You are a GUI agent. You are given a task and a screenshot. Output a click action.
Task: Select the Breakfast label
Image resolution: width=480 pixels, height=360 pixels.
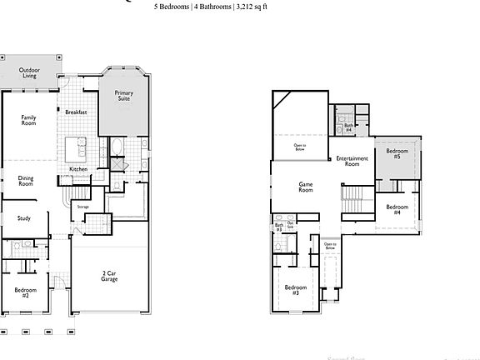77,112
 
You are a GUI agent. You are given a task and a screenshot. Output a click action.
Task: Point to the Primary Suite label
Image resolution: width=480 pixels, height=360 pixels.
123,97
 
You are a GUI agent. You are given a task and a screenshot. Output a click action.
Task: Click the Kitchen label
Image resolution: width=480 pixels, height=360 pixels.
78,169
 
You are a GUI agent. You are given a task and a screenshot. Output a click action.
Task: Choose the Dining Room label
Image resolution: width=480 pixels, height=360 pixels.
26,180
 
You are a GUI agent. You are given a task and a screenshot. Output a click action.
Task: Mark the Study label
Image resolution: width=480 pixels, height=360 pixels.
24,218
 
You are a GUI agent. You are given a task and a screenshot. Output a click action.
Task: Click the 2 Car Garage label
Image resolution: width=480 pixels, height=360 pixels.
109,276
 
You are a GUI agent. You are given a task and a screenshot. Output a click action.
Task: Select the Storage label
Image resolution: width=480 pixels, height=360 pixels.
82,206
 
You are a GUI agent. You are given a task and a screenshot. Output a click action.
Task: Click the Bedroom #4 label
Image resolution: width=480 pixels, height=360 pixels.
397,209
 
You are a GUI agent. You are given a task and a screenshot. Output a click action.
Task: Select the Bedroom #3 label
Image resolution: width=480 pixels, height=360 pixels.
296,290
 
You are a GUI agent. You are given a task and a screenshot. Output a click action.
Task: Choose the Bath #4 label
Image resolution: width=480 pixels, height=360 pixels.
349,127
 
